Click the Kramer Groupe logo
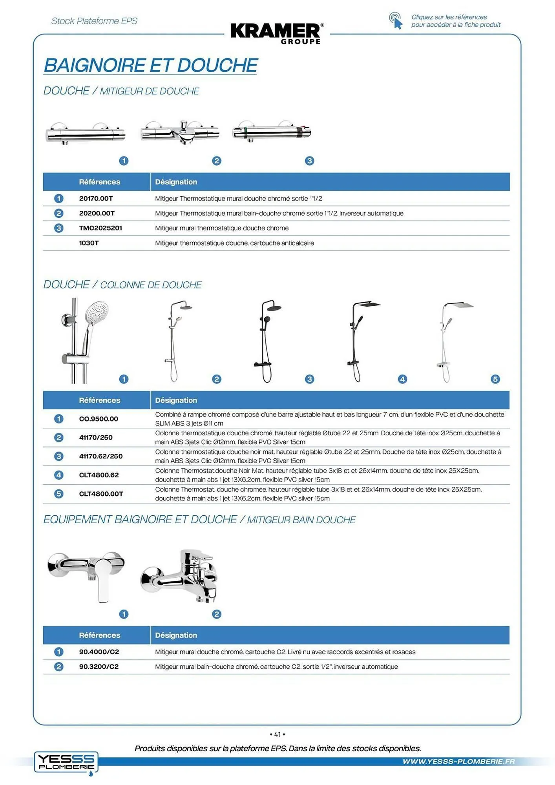[277, 33]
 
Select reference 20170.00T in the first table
[96, 199]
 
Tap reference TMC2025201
[100, 228]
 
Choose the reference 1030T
[89, 243]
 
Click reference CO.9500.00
[99, 419]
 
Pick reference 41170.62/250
[101, 456]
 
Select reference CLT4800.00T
[101, 494]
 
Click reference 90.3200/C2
[99, 666]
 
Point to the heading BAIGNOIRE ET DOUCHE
[151, 65]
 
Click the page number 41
[277, 734]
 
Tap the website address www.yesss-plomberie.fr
[458, 761]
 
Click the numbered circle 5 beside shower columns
[495, 379]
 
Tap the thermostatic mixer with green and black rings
[272, 132]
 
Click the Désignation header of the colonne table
[176, 400]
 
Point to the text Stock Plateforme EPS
[94, 21]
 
